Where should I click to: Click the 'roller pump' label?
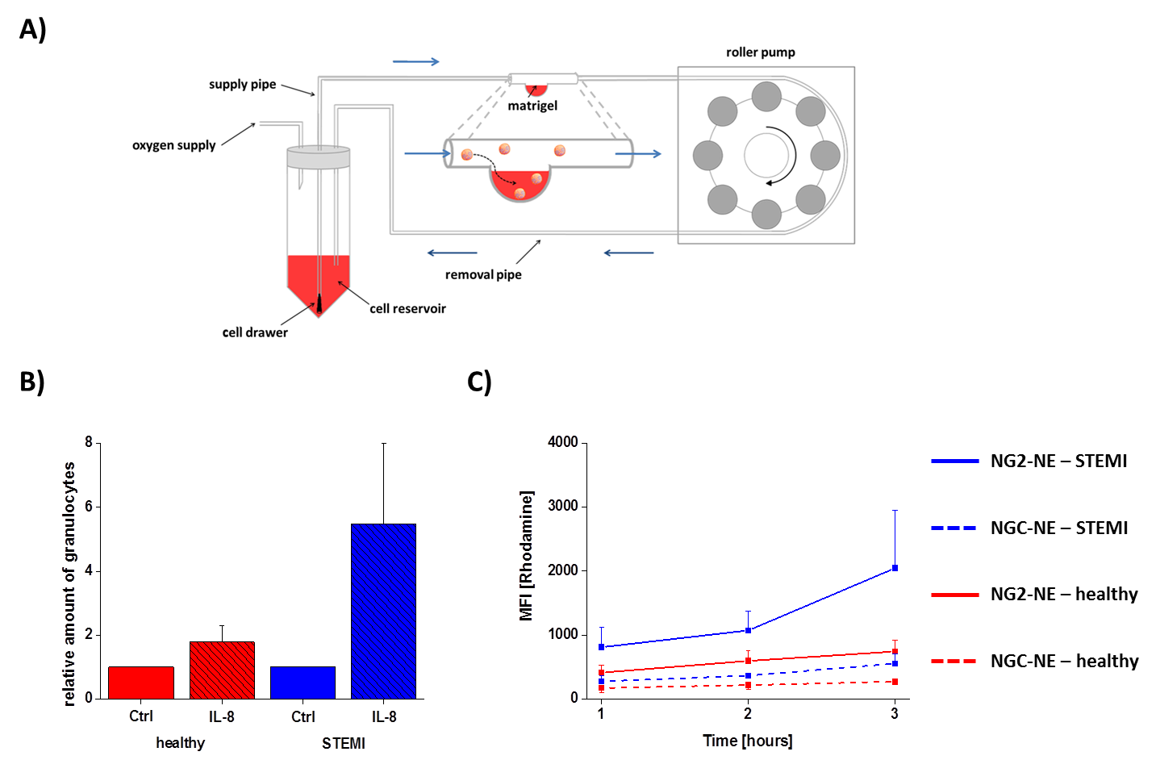pyautogui.click(x=760, y=52)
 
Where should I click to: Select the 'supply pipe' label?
pyautogui.click(x=242, y=84)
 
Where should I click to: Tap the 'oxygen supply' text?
pyautogui.click(x=174, y=145)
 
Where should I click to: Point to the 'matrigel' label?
pyautogui.click(x=532, y=106)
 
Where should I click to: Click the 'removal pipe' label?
pyautogui.click(x=483, y=274)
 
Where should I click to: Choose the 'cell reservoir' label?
pyautogui.click(x=407, y=308)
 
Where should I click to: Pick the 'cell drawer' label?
pyautogui.click(x=255, y=332)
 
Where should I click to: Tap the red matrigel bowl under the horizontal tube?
pyautogui.click(x=520, y=184)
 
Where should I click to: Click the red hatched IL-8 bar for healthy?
pyautogui.click(x=222, y=670)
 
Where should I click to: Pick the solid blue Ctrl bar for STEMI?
pyautogui.click(x=303, y=683)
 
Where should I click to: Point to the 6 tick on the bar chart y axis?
pyautogui.click(x=89, y=507)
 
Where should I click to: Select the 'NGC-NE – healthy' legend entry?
pyautogui.click(x=1064, y=662)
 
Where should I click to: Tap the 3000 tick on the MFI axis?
pyautogui.click(x=563, y=506)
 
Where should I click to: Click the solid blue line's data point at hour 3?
pyautogui.click(x=895, y=568)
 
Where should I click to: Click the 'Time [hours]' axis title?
pyautogui.click(x=748, y=741)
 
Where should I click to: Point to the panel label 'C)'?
pyautogui.click(x=479, y=382)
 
